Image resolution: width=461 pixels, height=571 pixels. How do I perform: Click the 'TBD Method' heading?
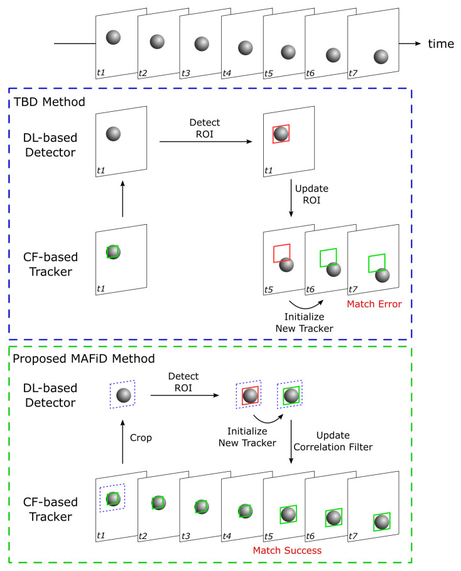coord(52,102)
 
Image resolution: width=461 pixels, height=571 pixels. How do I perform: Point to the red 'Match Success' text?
coord(287,550)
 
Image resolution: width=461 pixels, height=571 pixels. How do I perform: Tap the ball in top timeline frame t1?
coord(113,37)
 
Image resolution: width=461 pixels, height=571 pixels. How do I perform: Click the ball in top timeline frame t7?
coord(381,57)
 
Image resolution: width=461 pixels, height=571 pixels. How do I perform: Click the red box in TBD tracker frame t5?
coord(281,253)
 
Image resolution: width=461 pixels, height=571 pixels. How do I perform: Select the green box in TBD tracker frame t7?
coord(377,262)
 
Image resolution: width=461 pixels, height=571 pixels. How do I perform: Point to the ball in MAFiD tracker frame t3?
coord(201,506)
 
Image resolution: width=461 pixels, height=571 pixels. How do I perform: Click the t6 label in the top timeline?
coord(310,73)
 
